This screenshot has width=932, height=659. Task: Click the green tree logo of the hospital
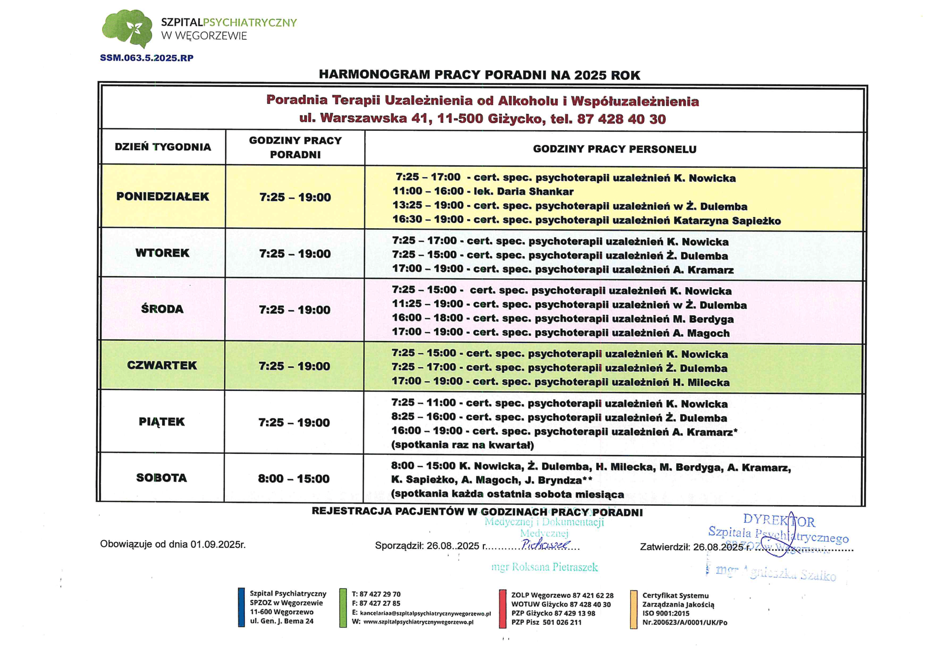click(x=127, y=28)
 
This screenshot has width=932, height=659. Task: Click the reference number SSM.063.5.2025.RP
click(x=147, y=58)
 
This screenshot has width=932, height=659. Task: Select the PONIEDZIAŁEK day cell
click(x=162, y=196)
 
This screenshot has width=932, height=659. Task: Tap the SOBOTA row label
click(x=161, y=478)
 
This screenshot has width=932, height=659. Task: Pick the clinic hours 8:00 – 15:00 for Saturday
click(x=293, y=479)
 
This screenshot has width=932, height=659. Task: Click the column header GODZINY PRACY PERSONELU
click(x=614, y=149)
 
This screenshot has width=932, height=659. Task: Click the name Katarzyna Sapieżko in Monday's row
click(x=727, y=221)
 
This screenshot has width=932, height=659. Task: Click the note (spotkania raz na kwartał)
click(x=462, y=445)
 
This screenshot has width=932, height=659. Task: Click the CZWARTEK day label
click(x=161, y=365)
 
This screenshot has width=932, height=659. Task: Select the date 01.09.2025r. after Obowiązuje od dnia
click(x=218, y=544)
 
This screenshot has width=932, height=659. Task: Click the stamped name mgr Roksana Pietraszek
click(x=545, y=567)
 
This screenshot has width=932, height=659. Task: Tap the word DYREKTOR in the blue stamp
click(x=779, y=520)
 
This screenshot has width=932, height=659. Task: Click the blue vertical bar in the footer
click(x=241, y=608)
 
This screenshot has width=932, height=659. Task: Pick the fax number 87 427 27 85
click(x=379, y=603)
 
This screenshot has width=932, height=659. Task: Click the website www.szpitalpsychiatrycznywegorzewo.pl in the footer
click(x=418, y=622)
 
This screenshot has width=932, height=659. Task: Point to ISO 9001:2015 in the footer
click(x=665, y=613)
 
